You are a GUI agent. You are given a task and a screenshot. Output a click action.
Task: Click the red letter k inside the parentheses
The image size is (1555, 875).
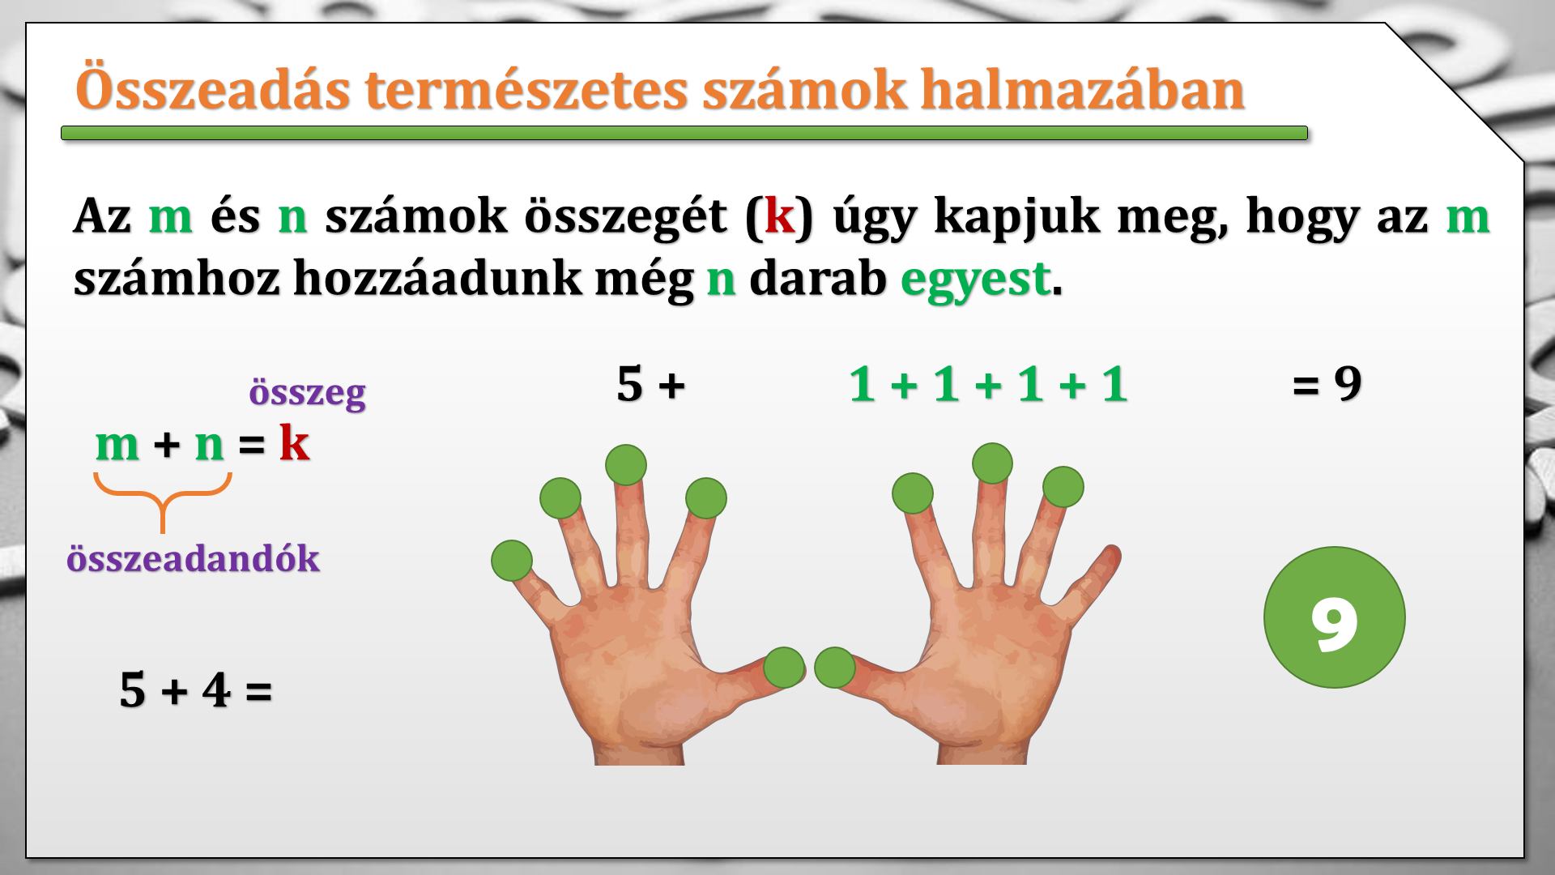[779, 216]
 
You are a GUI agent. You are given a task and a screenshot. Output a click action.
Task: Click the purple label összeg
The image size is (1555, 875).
[307, 394]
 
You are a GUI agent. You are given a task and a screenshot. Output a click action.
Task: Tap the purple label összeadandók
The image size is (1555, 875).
[193, 559]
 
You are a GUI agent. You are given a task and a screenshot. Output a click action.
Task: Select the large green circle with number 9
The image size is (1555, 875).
[1334, 617]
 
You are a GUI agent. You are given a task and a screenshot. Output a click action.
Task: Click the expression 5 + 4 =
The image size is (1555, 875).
[195, 690]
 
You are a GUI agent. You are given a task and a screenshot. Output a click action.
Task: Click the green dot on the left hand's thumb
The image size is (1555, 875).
[784, 668]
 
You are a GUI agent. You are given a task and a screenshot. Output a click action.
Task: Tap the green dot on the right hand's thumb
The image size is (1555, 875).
[835, 668]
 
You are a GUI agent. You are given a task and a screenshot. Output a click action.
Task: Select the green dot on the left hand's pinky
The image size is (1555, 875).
[512, 561]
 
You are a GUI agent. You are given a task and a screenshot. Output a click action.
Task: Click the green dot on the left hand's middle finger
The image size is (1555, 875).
[626, 465]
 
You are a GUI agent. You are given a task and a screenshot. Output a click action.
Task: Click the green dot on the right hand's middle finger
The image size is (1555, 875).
[992, 464]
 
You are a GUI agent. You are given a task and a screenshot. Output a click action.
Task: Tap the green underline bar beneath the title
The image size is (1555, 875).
[684, 133]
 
